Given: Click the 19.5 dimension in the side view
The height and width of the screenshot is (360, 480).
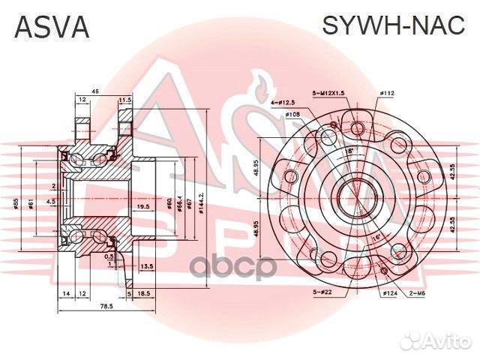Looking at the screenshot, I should tap(142, 206).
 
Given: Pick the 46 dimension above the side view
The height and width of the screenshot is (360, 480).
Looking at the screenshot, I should tap(95, 91).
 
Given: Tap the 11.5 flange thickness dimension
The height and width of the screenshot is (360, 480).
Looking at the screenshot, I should tap(124, 99).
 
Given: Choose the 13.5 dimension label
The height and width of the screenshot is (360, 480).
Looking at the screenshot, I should tap(147, 265).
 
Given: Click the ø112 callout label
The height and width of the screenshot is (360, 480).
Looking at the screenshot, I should tap(387, 93).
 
